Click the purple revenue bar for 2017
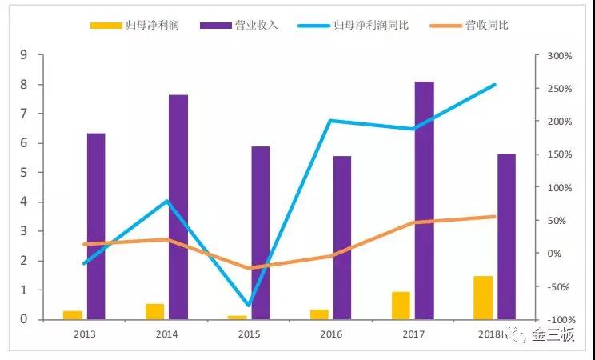pyautogui.click(x=424, y=200)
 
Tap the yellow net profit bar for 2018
pyautogui.click(x=483, y=298)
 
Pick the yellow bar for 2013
pyautogui.click(x=73, y=314)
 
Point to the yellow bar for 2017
pyautogui.click(x=401, y=305)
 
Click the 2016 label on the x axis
pyautogui.click(x=331, y=335)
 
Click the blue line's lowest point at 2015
pyautogui.click(x=249, y=306)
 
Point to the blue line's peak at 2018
pyautogui.click(x=495, y=85)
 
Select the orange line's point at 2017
pyautogui.click(x=413, y=222)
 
